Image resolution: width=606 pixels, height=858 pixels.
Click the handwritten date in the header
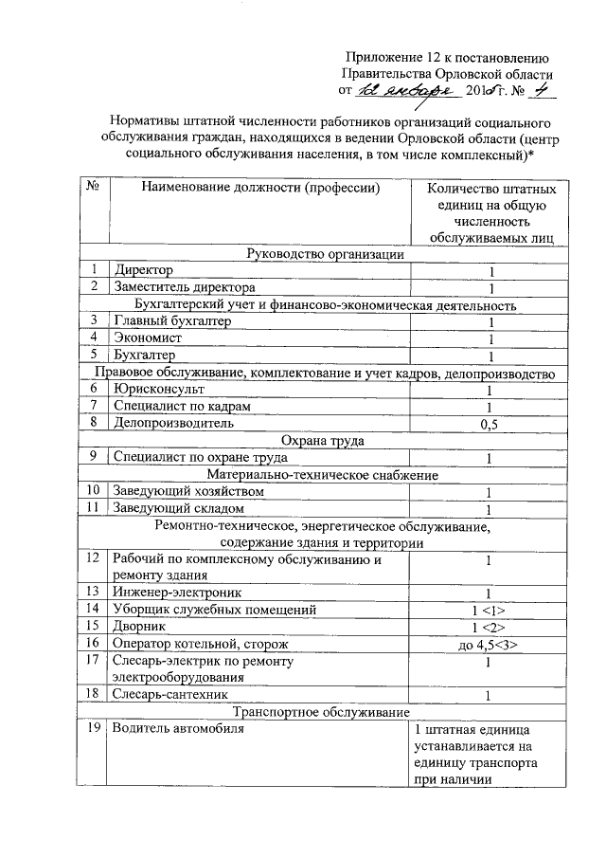click(408, 91)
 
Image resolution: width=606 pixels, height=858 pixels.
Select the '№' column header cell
click(94, 189)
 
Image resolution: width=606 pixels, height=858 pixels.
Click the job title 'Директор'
click(144, 271)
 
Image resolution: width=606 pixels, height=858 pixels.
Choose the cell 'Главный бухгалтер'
click(170, 322)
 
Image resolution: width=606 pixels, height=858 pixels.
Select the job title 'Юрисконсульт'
click(156, 390)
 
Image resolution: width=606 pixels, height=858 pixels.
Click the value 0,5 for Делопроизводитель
click(490, 424)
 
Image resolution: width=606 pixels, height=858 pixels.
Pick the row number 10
click(93, 492)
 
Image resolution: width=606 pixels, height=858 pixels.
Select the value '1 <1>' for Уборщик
click(490, 610)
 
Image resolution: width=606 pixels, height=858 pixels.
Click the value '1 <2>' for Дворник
click(490, 627)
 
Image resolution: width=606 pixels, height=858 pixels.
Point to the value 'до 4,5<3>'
click(490, 644)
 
